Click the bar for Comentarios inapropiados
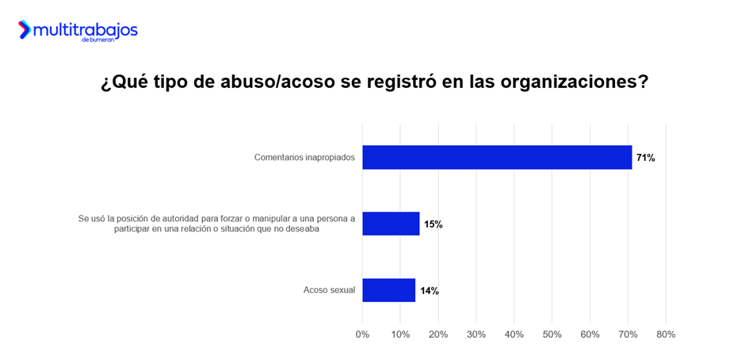click(497, 157)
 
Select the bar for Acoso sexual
click(388, 290)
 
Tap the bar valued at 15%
click(391, 224)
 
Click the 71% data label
click(645, 158)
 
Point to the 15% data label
click(433, 224)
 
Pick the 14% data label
click(429, 291)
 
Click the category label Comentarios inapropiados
click(304, 158)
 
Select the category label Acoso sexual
click(329, 290)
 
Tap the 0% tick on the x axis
click(362, 335)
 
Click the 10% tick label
click(400, 335)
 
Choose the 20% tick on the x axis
click(438, 335)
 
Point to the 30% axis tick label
click(476, 335)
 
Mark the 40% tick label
click(514, 335)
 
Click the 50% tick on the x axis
click(552, 335)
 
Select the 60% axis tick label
click(590, 335)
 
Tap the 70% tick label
click(628, 335)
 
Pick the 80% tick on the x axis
click(666, 335)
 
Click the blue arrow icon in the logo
click(25, 29)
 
